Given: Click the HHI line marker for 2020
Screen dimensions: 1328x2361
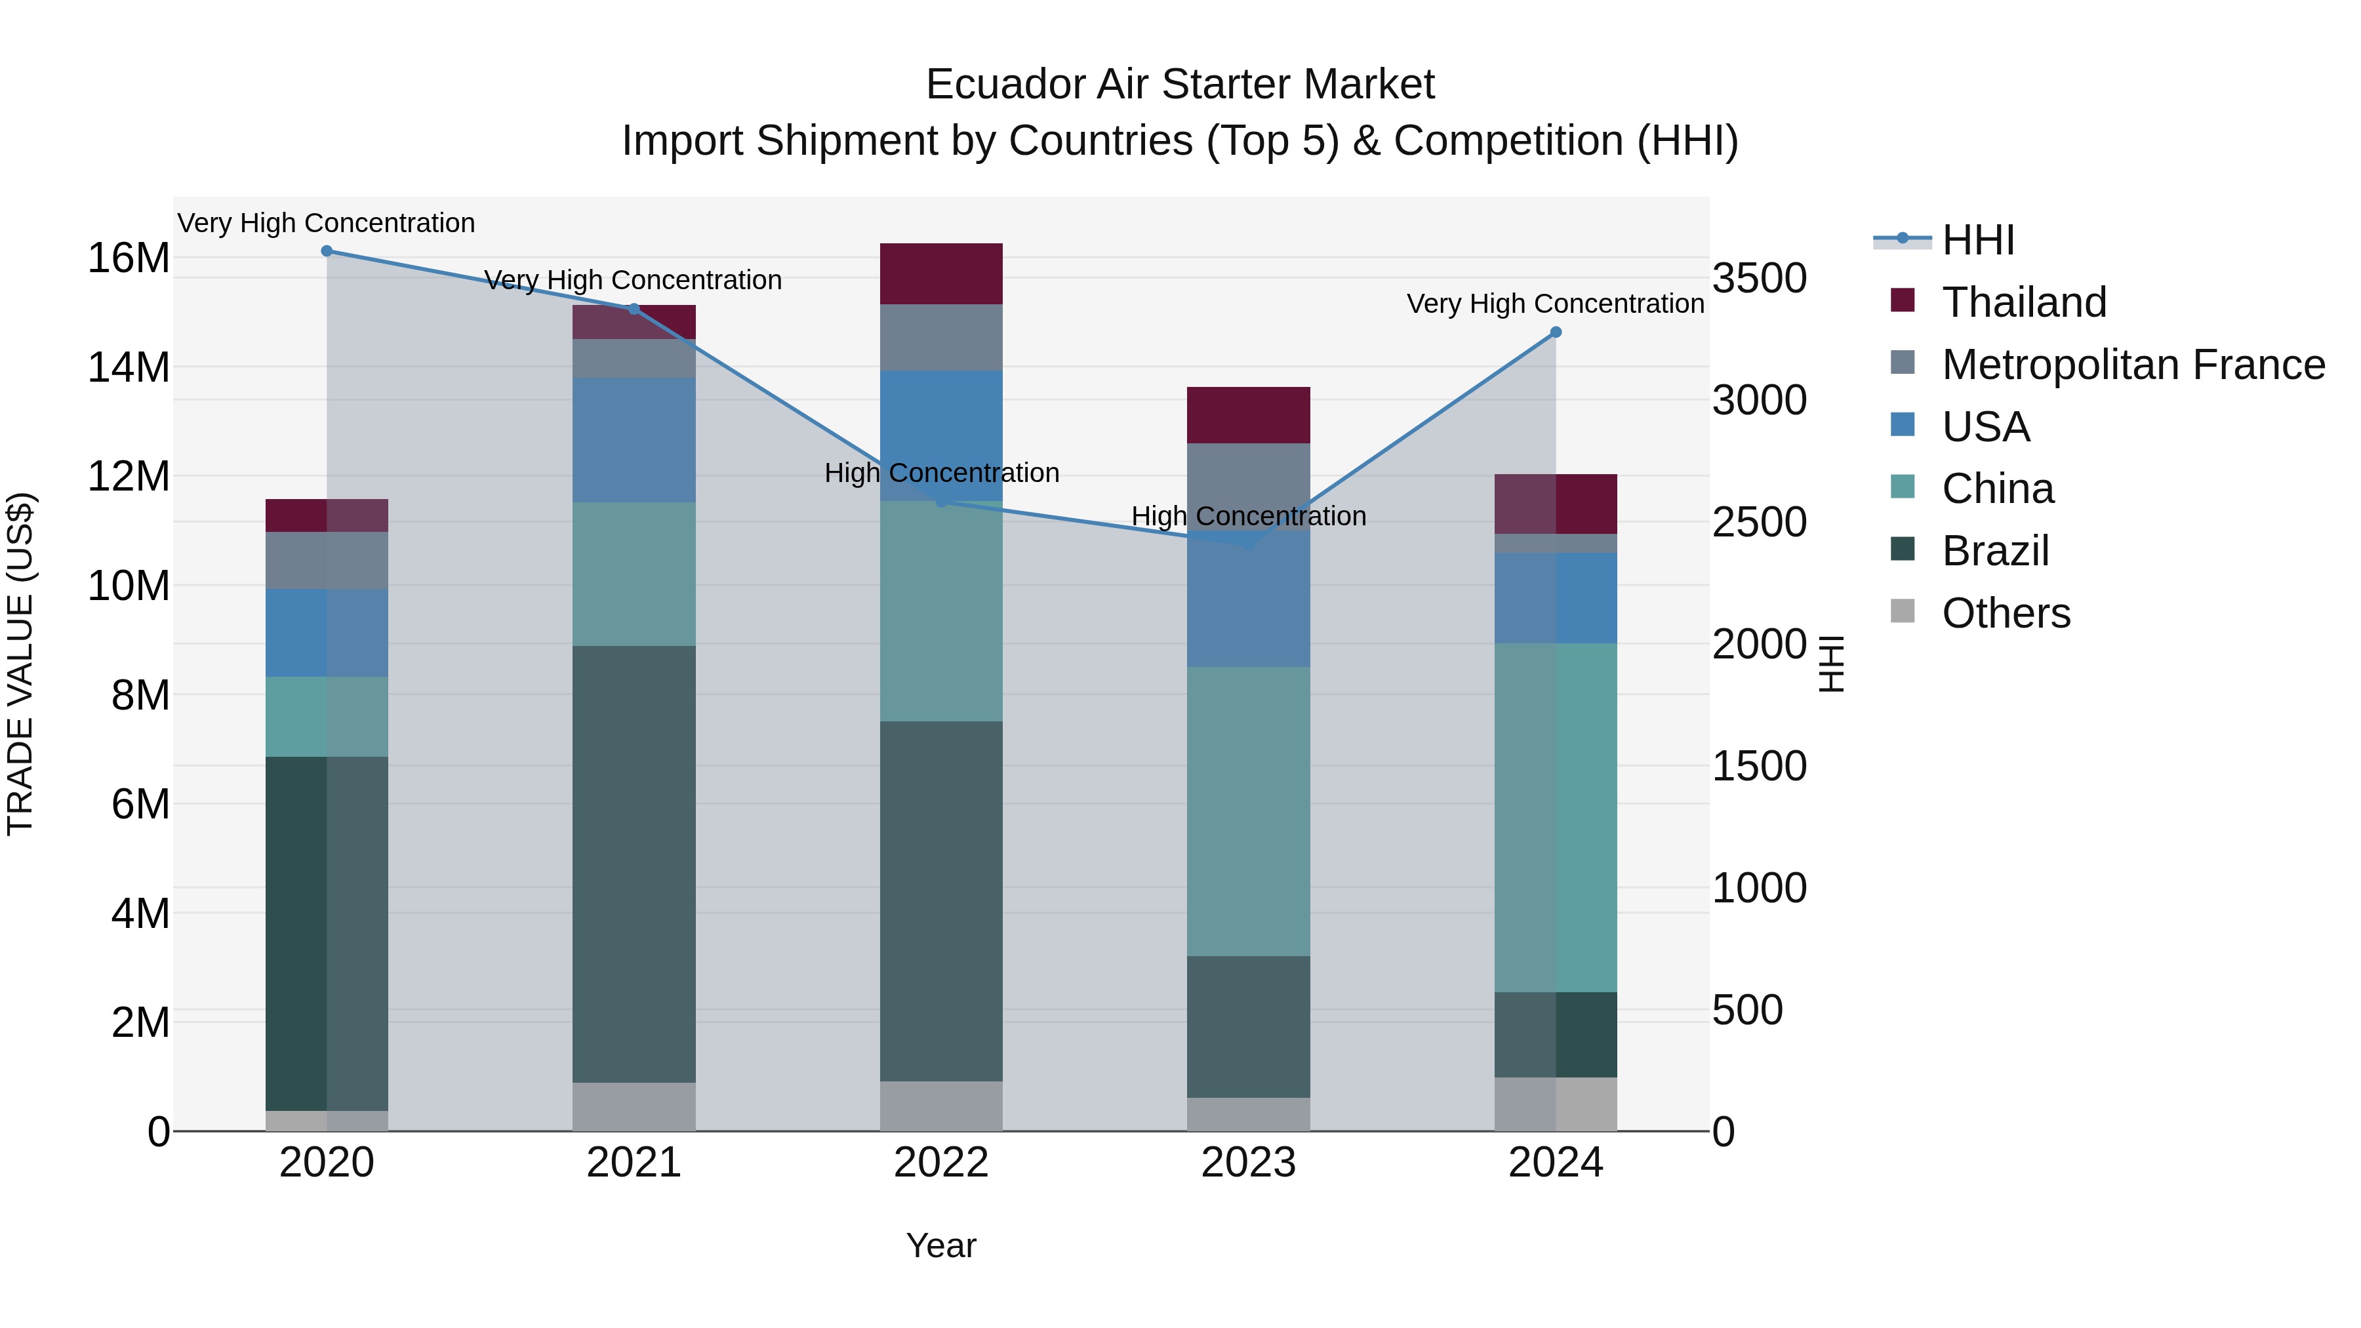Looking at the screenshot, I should (327, 251).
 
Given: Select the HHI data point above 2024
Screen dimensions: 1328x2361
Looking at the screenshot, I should (1556, 332).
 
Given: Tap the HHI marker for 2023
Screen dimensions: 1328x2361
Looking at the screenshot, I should (1248, 544).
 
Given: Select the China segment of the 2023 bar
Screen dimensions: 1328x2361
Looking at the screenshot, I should (1248, 811).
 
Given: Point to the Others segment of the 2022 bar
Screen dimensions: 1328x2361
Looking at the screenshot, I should (941, 1106).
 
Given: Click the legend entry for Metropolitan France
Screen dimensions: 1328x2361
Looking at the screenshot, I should (2133, 365).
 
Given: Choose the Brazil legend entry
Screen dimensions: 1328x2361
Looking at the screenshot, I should (1994, 551).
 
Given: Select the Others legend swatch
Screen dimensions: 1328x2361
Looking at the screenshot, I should (1903, 611).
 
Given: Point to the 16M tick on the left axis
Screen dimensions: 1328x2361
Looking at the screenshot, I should (129, 258).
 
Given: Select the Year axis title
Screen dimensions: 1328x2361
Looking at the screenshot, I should (941, 1245).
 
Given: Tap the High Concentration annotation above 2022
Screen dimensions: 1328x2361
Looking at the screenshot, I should (941, 473).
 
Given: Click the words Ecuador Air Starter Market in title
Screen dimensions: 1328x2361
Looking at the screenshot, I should (1180, 85).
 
